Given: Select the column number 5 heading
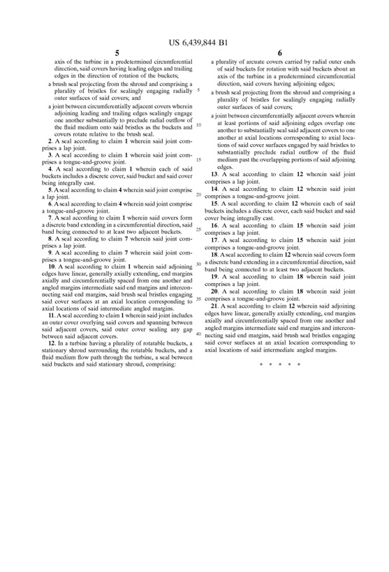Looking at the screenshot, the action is point(117,53).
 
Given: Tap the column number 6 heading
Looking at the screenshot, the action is point(279,53).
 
